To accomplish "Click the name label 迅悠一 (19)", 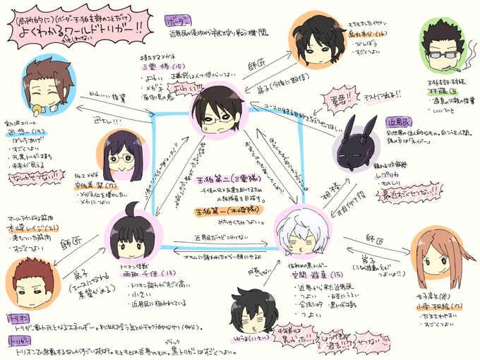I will pyautogui.click(x=21, y=131).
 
